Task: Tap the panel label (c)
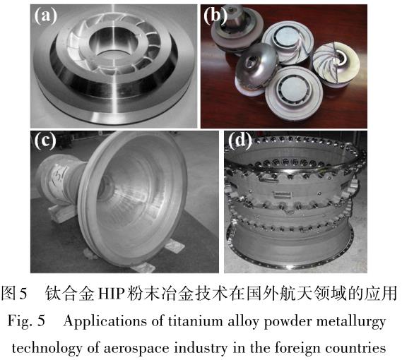[x=47, y=141]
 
